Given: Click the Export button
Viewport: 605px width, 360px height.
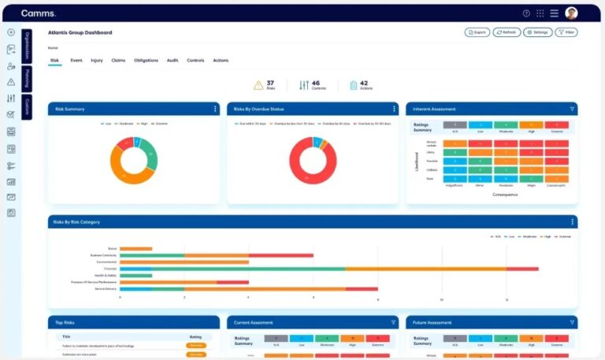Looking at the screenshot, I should pos(477,32).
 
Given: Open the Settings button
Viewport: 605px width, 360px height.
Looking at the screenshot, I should pos(537,32).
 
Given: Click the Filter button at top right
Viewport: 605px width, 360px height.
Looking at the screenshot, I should pos(566,32).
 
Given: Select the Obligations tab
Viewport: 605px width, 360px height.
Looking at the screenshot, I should pos(146,61).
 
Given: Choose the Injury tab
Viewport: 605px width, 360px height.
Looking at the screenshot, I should pos(97,61).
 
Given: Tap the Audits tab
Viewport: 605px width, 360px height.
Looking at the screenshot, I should pos(173,61).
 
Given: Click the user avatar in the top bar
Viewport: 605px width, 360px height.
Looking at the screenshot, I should pos(571,13).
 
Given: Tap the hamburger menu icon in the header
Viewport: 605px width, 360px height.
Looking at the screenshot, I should pos(555,13).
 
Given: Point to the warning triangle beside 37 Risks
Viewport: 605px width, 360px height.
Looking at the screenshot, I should pos(258,85).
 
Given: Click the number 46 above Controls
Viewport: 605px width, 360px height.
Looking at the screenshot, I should pos(315,82).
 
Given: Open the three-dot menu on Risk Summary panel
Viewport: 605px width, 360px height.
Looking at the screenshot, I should pos(215,109).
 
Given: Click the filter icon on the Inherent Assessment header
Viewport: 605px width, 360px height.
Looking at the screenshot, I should pos(572,109).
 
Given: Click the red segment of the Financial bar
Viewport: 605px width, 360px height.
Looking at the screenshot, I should pos(522,269).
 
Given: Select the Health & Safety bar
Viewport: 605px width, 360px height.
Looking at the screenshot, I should pos(135,276).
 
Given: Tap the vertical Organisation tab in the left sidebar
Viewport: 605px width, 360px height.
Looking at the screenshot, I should pos(27,45).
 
